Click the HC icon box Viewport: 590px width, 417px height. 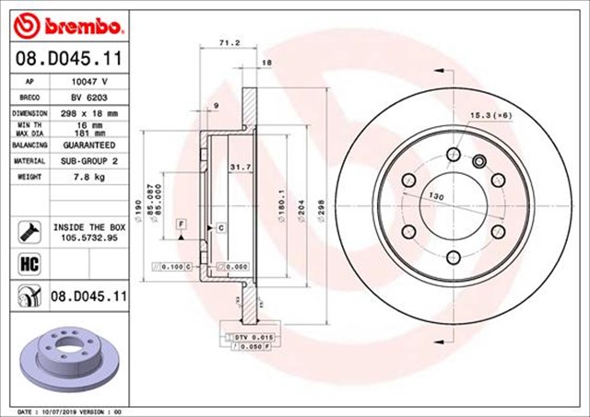pyautogui.click(x=27, y=265)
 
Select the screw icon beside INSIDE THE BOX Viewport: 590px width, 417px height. pyautogui.click(x=27, y=229)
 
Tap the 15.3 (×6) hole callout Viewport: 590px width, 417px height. pyautogui.click(x=491, y=114)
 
